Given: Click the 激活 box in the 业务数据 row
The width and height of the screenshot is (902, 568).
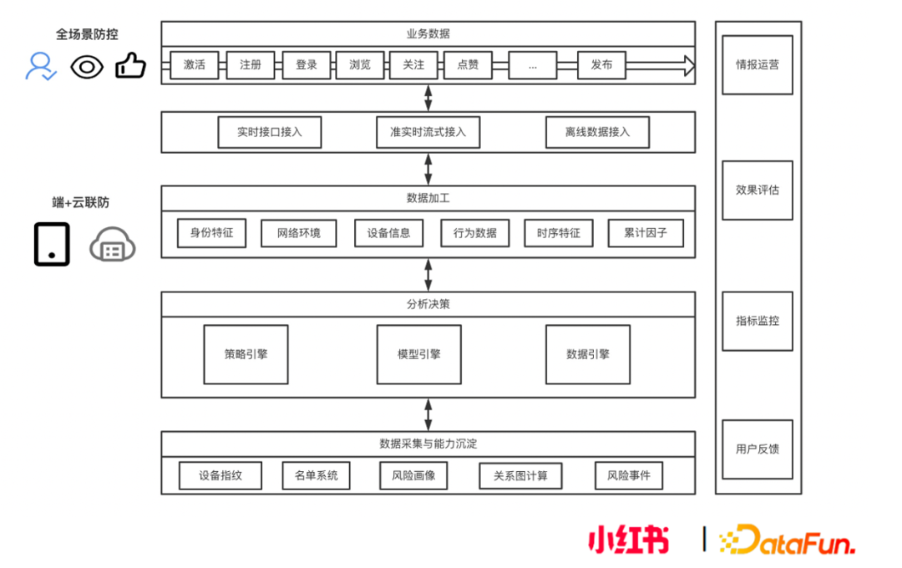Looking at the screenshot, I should (195, 65).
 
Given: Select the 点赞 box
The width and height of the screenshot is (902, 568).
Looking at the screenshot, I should (468, 65).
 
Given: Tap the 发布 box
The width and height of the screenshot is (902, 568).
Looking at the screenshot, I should (601, 65).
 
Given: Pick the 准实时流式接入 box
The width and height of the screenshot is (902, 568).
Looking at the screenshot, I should (428, 132).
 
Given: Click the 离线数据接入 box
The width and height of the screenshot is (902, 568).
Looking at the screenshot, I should (597, 132).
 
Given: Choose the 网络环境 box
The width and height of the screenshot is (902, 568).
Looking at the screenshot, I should (298, 233).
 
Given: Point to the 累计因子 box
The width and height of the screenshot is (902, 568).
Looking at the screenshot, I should (646, 233).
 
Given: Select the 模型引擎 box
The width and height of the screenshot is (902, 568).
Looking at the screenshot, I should (419, 354).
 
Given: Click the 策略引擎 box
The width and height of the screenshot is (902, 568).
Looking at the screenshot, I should (246, 354).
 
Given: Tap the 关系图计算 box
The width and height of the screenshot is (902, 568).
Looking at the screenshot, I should (520, 476).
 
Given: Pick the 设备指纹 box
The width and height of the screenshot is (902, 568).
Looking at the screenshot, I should (220, 476).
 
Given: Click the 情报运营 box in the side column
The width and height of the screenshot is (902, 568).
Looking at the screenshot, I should (758, 64).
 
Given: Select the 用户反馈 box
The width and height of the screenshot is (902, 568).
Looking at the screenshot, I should (758, 449).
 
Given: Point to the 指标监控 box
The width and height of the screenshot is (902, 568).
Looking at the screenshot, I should (758, 321).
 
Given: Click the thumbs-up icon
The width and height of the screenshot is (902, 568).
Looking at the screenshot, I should (130, 65).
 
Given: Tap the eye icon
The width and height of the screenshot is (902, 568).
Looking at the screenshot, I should (87, 66).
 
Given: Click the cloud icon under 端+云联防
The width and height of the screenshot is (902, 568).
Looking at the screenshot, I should (113, 245).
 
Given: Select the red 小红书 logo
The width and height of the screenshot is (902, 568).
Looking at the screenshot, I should (628, 540).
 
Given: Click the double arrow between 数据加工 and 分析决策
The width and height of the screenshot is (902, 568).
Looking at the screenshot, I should (428, 275).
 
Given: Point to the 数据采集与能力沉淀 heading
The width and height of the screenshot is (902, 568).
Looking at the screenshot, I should (428, 444).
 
